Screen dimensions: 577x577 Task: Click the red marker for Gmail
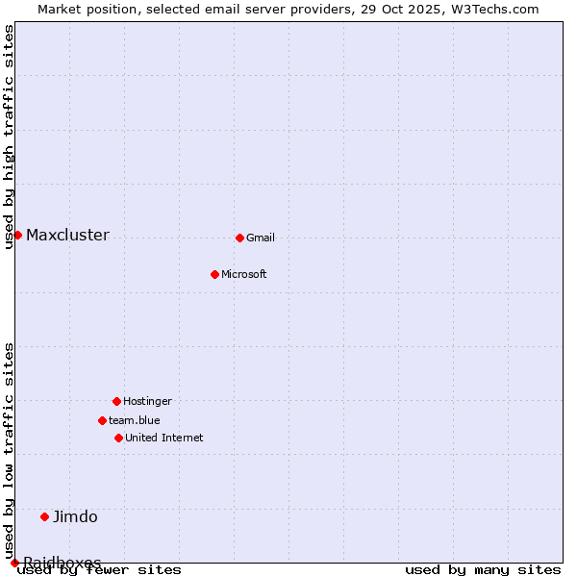pos(239,238)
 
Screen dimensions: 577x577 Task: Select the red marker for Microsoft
pos(214,274)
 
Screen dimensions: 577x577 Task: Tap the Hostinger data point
pos(116,401)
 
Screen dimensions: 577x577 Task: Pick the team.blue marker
pos(102,420)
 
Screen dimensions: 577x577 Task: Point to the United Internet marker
pos(118,438)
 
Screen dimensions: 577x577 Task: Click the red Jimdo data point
pos(44,516)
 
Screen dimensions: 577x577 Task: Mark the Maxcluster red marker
pos(17,235)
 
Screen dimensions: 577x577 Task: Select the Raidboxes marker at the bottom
pos(14,563)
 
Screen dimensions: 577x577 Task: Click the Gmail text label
pos(261,238)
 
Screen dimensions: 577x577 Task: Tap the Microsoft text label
pos(244,274)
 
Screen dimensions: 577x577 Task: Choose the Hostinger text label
pos(147,401)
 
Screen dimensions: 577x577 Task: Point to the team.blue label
pos(135,420)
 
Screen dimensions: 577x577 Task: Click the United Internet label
pos(164,438)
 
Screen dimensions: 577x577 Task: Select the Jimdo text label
pos(75,516)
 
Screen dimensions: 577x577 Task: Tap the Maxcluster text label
pos(67,235)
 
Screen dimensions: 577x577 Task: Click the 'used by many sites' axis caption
pos(483,570)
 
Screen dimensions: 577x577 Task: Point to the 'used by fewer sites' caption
pos(99,570)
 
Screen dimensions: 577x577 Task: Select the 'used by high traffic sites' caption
pos(10,137)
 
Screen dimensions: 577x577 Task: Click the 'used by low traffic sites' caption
pos(10,450)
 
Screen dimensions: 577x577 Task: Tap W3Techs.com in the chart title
pos(496,9)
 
